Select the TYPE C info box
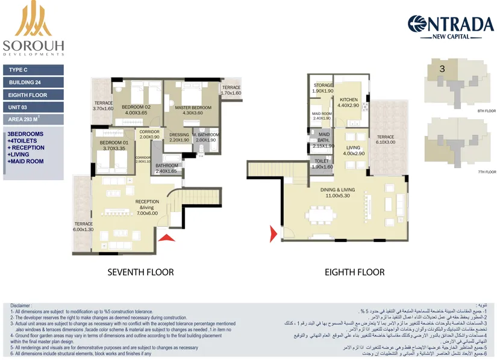point(33,70)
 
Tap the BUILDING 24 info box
point(33,82)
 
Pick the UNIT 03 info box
point(33,107)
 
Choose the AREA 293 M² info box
point(33,119)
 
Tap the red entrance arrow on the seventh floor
point(166,237)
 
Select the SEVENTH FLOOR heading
point(140,272)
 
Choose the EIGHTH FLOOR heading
point(354,272)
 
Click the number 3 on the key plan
point(442,69)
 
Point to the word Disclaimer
point(21,306)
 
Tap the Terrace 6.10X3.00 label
point(386,140)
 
